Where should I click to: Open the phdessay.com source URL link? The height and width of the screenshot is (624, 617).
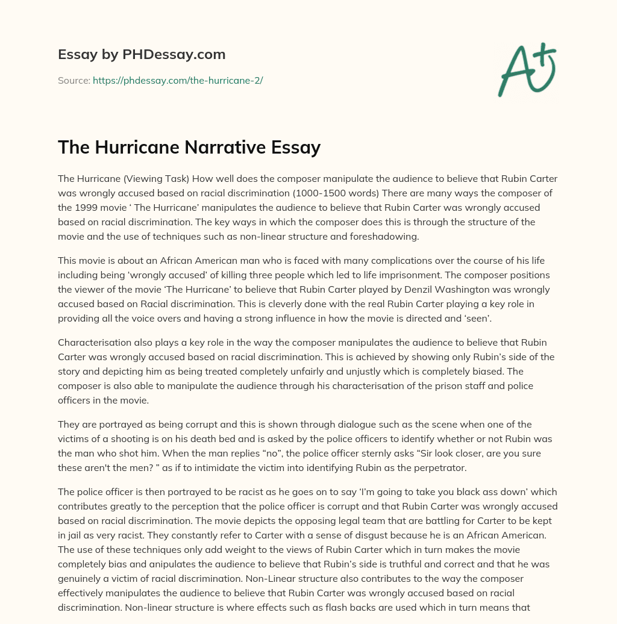pos(177,80)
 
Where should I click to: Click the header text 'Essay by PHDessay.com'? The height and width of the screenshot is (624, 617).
pos(142,55)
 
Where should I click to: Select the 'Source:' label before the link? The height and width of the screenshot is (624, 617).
pos(74,80)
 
